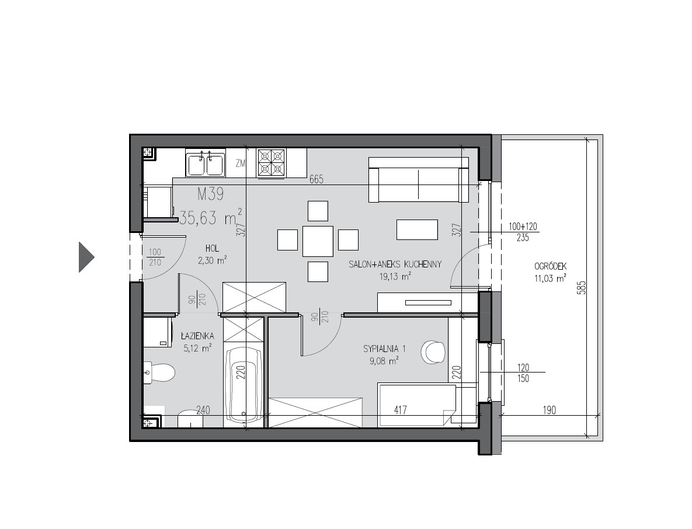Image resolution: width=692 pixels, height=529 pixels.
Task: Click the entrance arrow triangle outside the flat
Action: pyautogui.click(x=86, y=257)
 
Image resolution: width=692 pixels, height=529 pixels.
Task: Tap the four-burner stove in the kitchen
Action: pyautogui.click(x=272, y=163)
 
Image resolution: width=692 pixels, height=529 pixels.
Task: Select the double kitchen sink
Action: pyautogui.click(x=205, y=163)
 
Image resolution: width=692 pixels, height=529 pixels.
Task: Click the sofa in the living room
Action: pyautogui.click(x=418, y=179)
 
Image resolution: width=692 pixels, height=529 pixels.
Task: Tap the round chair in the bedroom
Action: pyautogui.click(x=433, y=352)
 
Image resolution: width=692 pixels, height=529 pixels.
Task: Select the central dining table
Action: pyautogui.click(x=318, y=241)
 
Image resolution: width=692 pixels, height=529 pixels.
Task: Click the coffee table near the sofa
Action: pyautogui.click(x=417, y=229)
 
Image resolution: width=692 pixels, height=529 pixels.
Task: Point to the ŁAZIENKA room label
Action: pyautogui.click(x=198, y=336)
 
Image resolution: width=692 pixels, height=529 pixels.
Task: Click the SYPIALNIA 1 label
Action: pyautogui.click(x=384, y=349)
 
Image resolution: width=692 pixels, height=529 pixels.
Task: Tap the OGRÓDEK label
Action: pyautogui.click(x=550, y=266)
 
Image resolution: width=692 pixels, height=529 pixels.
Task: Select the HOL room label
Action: pyautogui.click(x=213, y=248)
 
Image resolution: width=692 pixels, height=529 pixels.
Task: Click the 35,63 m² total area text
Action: pyautogui.click(x=210, y=217)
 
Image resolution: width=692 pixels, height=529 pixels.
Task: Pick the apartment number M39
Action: pyautogui.click(x=210, y=194)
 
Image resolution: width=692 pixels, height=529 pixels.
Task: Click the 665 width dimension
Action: pyautogui.click(x=317, y=179)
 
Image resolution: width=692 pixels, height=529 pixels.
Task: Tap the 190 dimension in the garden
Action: pyautogui.click(x=549, y=410)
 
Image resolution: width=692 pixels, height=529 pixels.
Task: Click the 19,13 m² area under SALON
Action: pyautogui.click(x=395, y=277)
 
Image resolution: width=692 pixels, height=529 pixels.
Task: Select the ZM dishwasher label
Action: pyautogui.click(x=241, y=163)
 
